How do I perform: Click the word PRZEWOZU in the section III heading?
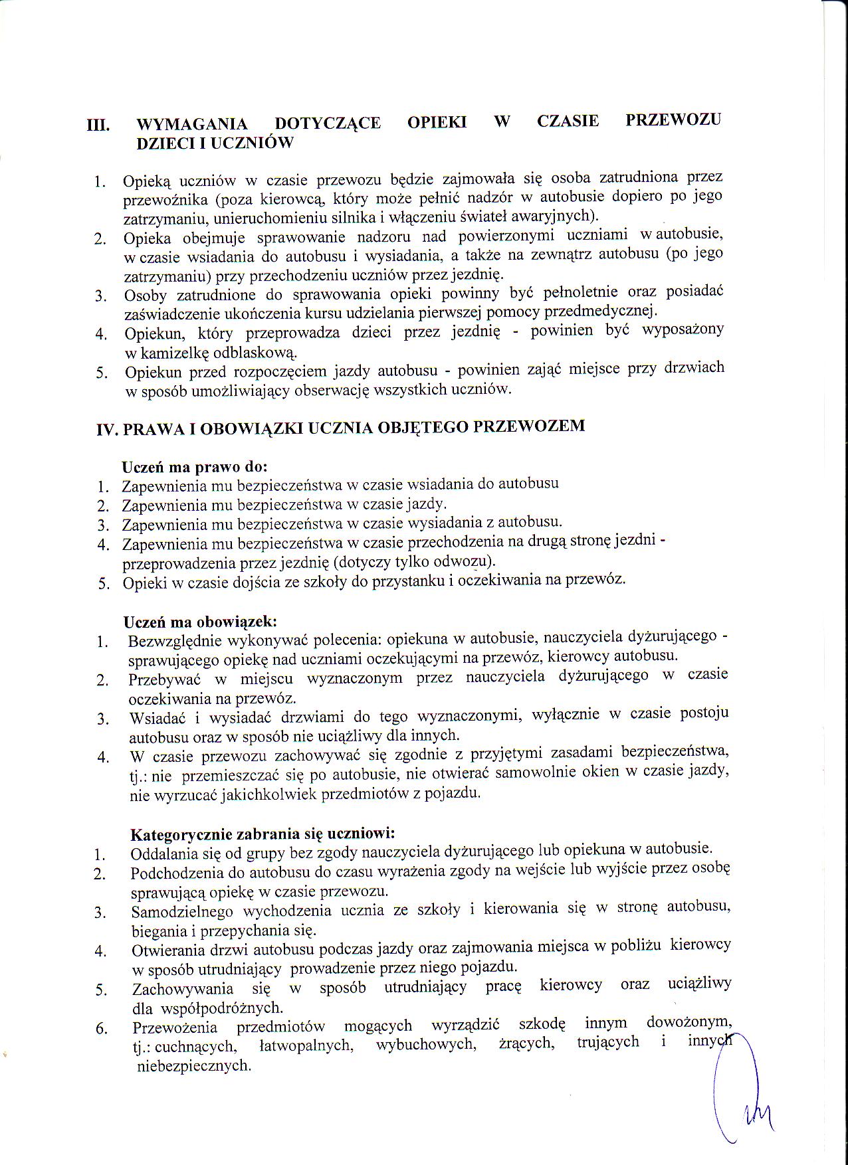pos(673,120)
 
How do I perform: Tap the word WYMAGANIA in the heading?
pos(191,124)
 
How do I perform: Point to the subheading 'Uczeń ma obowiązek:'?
pos(200,622)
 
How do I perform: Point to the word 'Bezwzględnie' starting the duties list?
pos(174,642)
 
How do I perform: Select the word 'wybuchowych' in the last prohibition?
pos(425,1044)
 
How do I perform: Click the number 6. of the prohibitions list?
pos(101,1029)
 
